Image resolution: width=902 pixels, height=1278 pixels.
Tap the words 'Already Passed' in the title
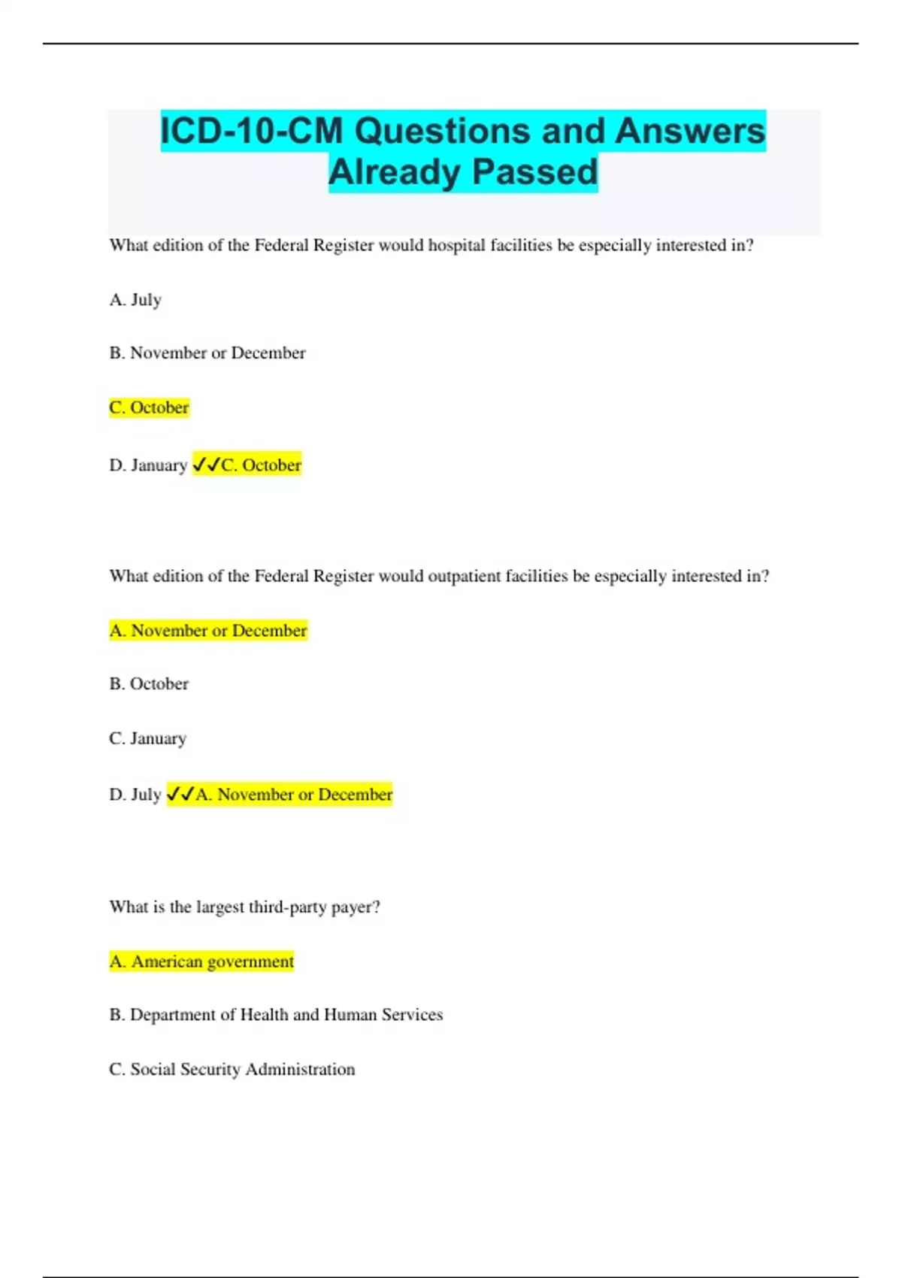click(x=463, y=172)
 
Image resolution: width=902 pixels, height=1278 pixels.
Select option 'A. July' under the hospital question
click(x=135, y=300)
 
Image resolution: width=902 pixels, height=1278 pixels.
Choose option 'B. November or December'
click(x=207, y=353)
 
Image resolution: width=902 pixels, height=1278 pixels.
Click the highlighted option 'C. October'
click(x=149, y=407)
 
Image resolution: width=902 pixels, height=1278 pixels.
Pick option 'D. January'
click(x=148, y=465)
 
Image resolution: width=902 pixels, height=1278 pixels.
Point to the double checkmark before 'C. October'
click(x=207, y=465)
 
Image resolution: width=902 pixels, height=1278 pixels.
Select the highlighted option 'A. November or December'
click(x=208, y=631)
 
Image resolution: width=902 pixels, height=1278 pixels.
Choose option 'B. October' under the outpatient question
click(x=149, y=684)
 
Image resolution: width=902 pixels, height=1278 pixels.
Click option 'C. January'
click(x=147, y=739)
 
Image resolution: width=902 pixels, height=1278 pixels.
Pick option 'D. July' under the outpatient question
click(x=135, y=795)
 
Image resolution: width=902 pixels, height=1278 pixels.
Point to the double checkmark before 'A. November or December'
click(x=180, y=795)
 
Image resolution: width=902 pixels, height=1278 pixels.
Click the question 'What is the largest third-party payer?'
click(x=244, y=907)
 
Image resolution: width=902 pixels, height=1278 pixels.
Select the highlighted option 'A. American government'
click(x=201, y=962)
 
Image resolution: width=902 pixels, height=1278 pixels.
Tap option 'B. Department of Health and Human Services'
click(x=276, y=1015)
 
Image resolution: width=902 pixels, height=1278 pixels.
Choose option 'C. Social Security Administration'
click(x=232, y=1070)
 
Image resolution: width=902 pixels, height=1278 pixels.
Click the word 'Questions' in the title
click(x=442, y=132)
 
